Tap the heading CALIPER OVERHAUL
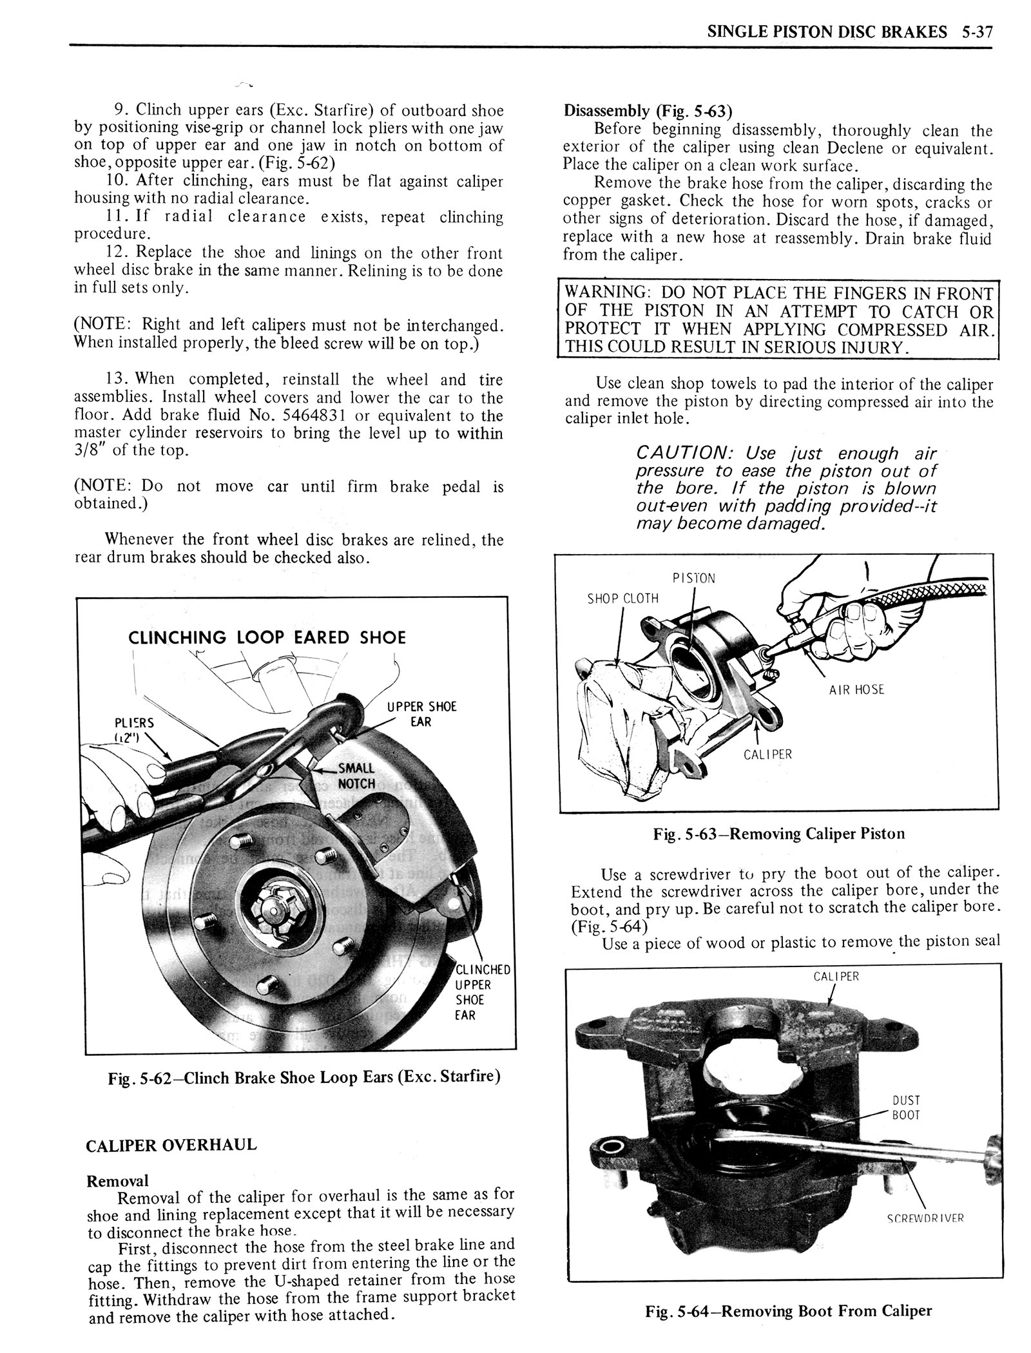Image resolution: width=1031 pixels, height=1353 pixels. tap(171, 1145)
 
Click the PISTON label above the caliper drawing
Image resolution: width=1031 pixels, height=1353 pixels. tap(693, 578)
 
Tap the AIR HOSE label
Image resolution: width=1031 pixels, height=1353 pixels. tap(856, 689)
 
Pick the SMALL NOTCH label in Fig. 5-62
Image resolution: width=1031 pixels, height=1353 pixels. tap(356, 776)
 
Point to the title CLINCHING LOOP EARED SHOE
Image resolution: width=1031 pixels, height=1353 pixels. tap(267, 638)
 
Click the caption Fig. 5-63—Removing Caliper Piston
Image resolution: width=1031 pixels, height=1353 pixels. tap(779, 834)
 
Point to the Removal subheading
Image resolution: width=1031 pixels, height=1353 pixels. tap(117, 1180)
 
